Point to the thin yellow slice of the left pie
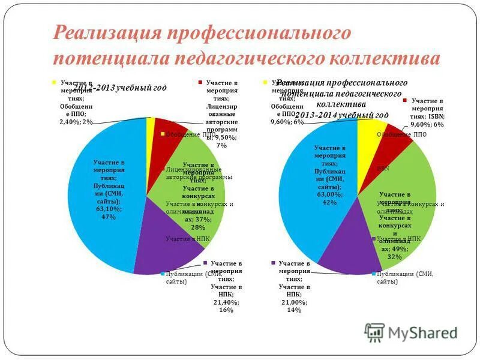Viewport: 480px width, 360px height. click(x=151, y=129)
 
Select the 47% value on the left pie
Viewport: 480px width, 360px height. click(x=108, y=217)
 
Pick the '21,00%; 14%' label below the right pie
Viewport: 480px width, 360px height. click(x=294, y=306)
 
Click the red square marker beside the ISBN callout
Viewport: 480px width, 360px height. click(x=406, y=101)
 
